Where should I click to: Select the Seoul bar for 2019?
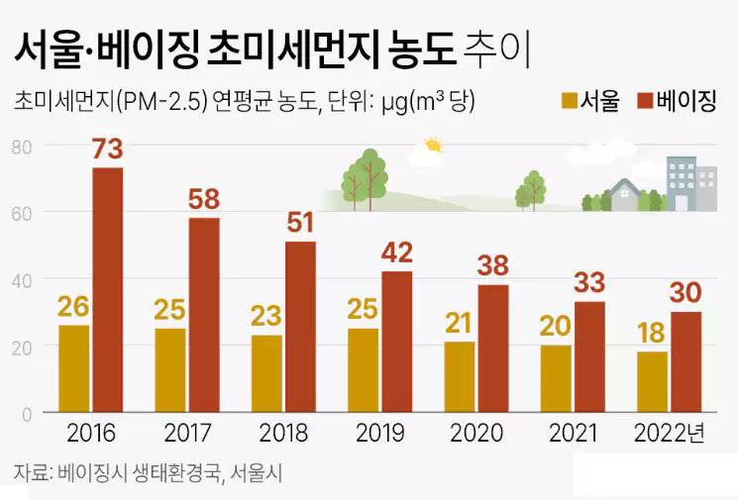[363, 370]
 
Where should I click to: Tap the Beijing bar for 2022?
[685, 362]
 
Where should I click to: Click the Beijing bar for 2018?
[300, 327]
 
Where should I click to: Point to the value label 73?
[107, 150]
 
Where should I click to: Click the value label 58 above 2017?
[203, 200]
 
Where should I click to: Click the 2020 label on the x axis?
[476, 434]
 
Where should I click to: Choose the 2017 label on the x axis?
[187, 434]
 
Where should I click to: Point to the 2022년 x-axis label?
[670, 434]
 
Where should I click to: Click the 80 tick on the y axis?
[22, 147]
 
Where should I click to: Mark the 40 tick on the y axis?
[22, 280]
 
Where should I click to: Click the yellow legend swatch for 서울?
[570, 100]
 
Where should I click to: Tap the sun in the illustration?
[431, 148]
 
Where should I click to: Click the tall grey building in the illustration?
[682, 183]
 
